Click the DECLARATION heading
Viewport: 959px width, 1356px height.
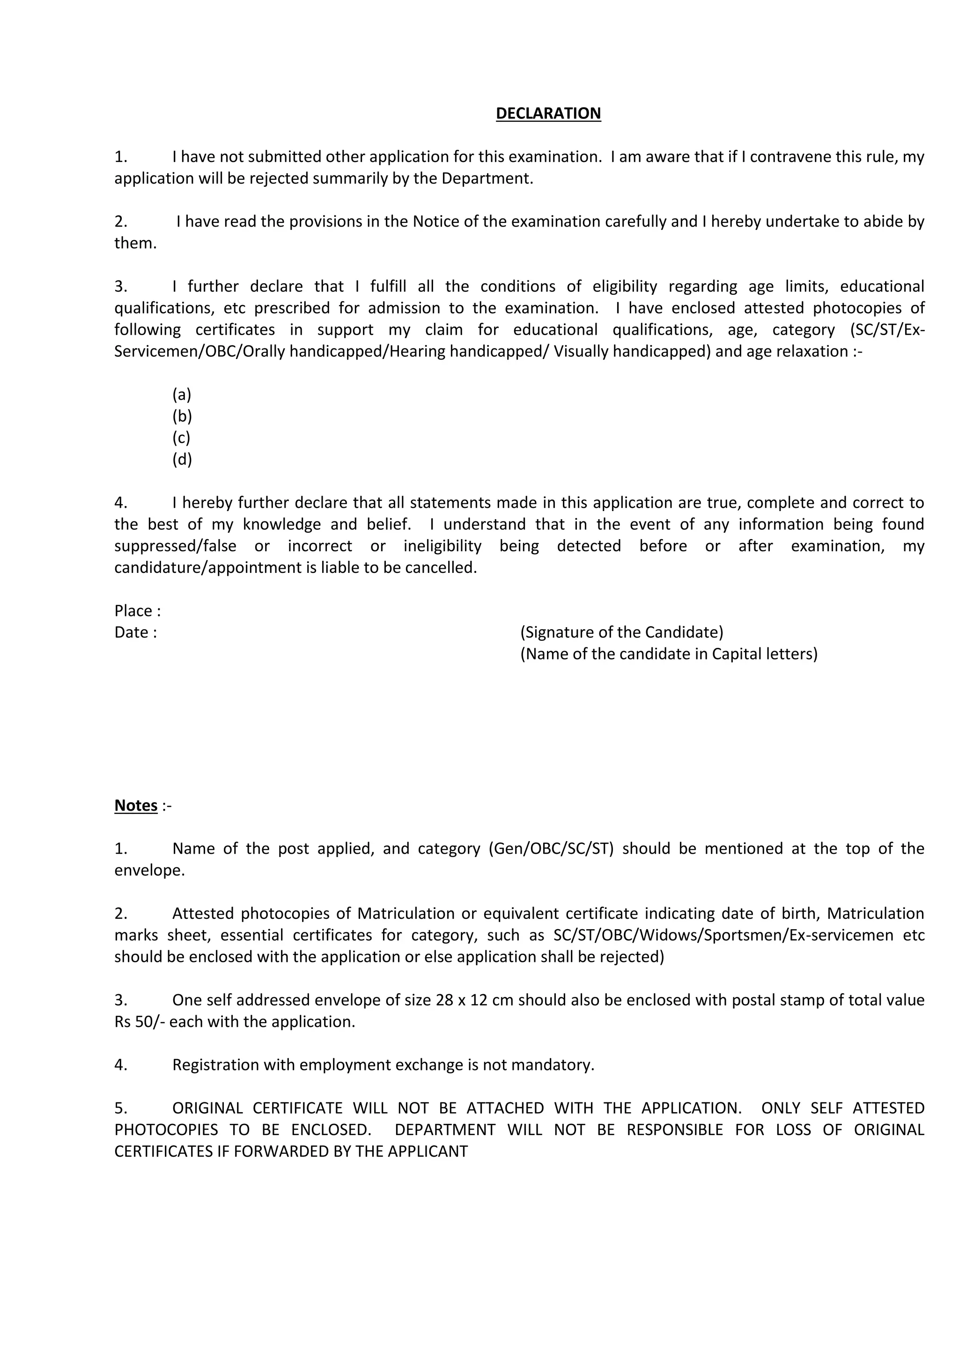[x=548, y=113]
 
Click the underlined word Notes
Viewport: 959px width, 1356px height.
[x=136, y=806]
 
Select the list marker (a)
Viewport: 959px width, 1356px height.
[x=181, y=395]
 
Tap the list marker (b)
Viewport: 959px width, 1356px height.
[x=182, y=417]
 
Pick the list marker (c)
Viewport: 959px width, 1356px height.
[x=181, y=438]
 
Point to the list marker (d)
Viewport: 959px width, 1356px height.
[x=182, y=460]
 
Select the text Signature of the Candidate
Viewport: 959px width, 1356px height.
[x=621, y=632]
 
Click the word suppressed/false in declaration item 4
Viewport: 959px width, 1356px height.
[x=175, y=546]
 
